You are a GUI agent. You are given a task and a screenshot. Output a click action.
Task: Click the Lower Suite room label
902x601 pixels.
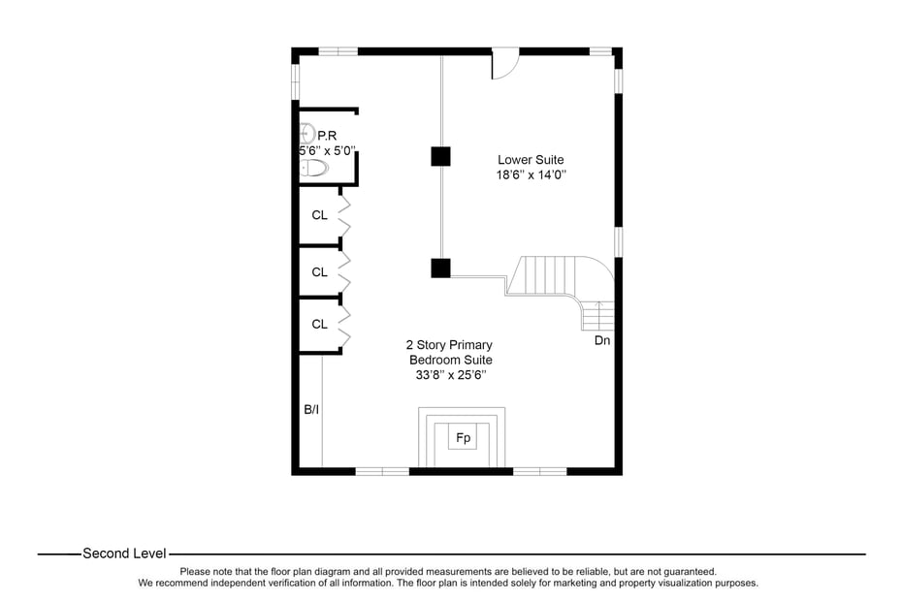point(531,160)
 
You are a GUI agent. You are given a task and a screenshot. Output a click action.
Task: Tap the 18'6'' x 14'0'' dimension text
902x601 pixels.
point(531,175)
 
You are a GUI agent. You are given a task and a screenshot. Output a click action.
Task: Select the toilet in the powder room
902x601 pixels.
point(314,168)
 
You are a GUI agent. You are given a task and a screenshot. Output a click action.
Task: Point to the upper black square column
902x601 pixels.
point(441,155)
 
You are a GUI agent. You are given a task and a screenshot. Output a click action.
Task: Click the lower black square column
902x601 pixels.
point(441,269)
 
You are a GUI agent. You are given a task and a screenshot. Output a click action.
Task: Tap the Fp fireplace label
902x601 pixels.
point(464,438)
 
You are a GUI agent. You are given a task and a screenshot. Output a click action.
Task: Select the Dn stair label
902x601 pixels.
point(602,341)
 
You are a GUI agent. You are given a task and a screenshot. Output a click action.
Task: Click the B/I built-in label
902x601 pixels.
point(311,410)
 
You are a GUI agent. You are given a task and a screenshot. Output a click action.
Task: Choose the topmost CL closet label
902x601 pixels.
point(319,215)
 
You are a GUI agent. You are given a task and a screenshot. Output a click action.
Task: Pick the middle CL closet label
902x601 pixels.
point(319,272)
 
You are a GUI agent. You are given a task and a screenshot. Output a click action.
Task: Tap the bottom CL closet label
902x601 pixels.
point(319,325)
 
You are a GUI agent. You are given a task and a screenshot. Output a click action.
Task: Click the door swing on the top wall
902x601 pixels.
point(504,66)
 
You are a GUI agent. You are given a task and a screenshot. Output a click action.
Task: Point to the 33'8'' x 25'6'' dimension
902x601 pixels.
point(451,375)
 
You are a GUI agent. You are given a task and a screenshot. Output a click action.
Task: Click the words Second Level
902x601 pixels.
point(124,554)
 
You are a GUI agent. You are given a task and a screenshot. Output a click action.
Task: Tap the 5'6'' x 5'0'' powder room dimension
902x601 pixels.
point(327,151)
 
